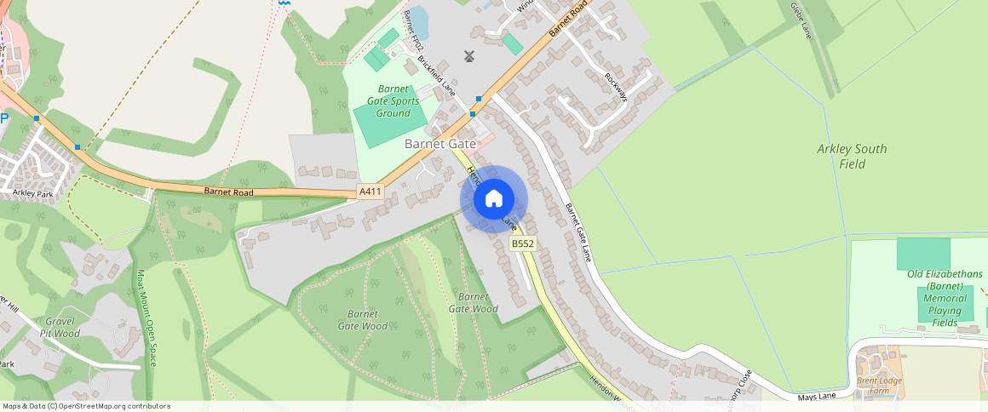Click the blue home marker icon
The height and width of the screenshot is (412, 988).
pos(494,198)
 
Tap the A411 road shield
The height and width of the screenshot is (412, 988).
pos(370,192)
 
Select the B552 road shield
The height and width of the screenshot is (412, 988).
pos(522,244)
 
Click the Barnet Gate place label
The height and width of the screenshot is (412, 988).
pos(439,144)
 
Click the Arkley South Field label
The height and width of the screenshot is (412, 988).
pos(852,156)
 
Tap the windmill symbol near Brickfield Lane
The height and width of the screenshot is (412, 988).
pos(468,56)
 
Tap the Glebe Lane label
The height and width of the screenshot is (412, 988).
pos(801,21)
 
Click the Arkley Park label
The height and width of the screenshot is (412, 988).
pos(33,193)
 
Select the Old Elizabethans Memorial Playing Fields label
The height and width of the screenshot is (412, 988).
pos(945,298)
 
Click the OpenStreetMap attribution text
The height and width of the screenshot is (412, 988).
pos(86,406)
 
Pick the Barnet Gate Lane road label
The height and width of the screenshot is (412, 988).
pos(578,232)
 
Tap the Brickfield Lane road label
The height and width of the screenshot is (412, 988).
pos(436,74)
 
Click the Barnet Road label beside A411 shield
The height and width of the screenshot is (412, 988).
pos(229,191)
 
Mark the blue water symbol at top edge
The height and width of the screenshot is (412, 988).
pos(284,3)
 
